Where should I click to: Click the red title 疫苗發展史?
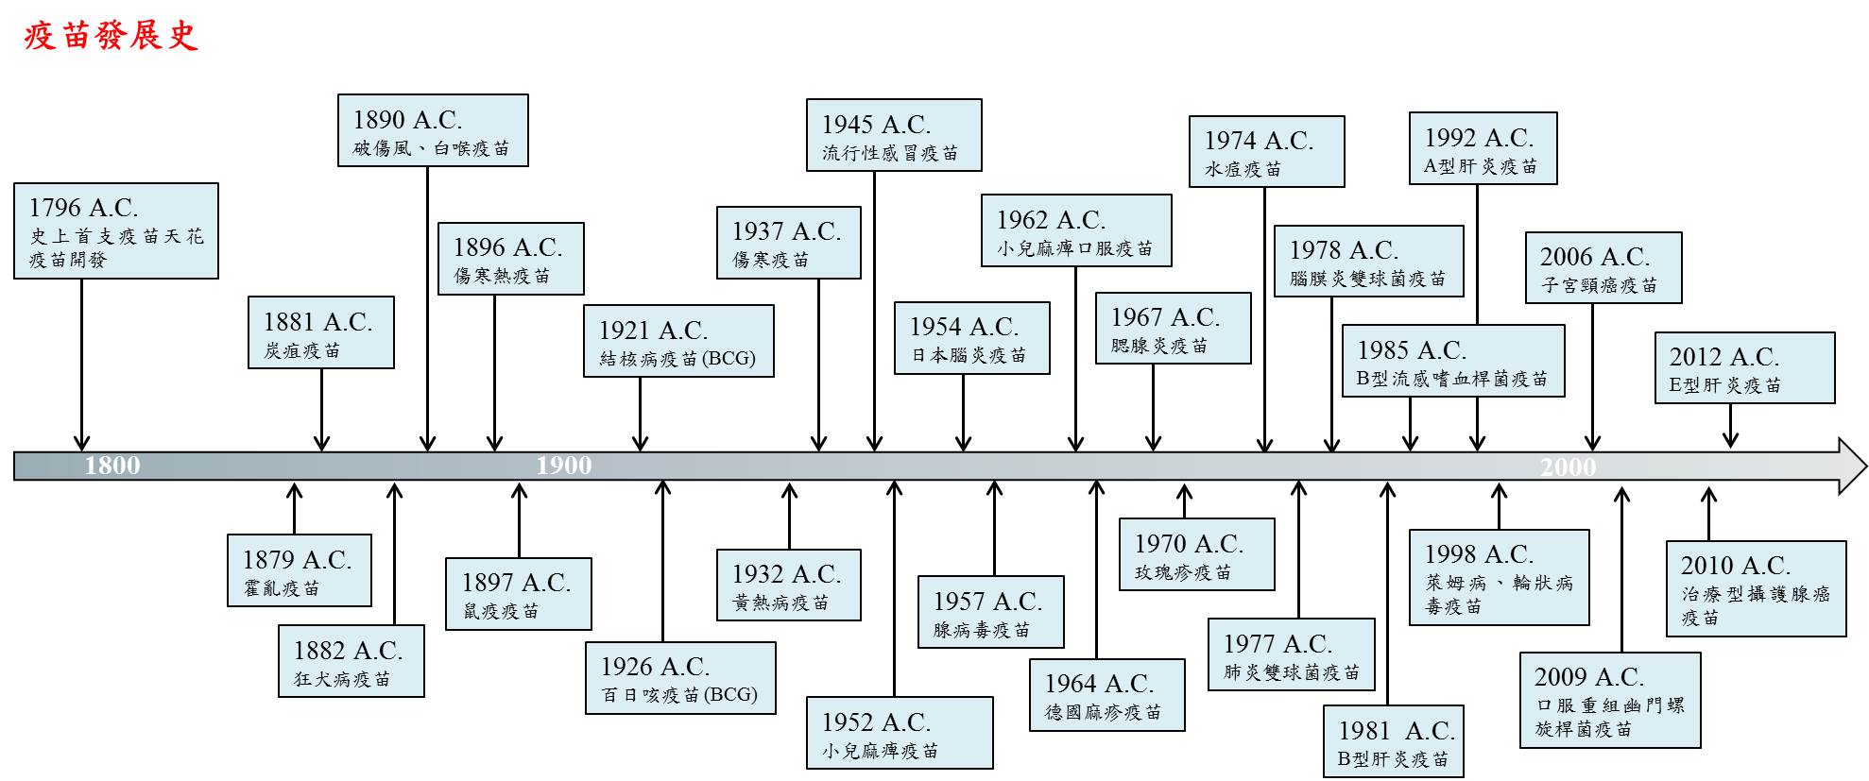click(x=111, y=36)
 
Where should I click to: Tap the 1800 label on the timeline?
click(x=112, y=466)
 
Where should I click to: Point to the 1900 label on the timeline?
click(x=564, y=466)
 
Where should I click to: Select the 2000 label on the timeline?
click(x=1569, y=467)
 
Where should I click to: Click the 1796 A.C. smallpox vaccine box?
click(x=116, y=231)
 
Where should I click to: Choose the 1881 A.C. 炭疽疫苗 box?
click(x=321, y=332)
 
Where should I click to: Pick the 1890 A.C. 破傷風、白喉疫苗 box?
click(x=433, y=130)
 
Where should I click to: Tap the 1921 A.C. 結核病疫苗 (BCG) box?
click(x=678, y=341)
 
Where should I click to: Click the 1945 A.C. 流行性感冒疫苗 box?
click(x=894, y=135)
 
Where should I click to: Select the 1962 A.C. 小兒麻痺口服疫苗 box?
click(x=1076, y=230)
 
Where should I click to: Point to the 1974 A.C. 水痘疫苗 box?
click(x=1266, y=151)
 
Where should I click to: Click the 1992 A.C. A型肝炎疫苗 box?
click(x=1483, y=148)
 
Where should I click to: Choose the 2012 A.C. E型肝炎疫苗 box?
click(x=1744, y=368)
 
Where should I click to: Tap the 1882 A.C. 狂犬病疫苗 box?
click(x=351, y=661)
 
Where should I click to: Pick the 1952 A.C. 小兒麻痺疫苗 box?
click(x=900, y=733)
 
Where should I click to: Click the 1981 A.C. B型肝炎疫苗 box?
click(x=1394, y=741)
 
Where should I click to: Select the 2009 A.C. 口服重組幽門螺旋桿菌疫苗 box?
click(x=1610, y=700)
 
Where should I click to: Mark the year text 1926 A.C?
click(x=655, y=667)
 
